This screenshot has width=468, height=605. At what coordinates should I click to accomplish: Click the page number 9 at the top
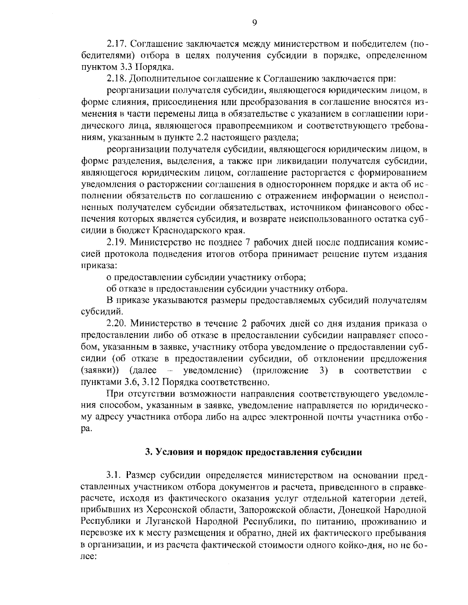coord(254,23)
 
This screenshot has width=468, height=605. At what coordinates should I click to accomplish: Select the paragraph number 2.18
coord(117,79)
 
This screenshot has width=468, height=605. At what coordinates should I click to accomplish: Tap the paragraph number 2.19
coord(117,243)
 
